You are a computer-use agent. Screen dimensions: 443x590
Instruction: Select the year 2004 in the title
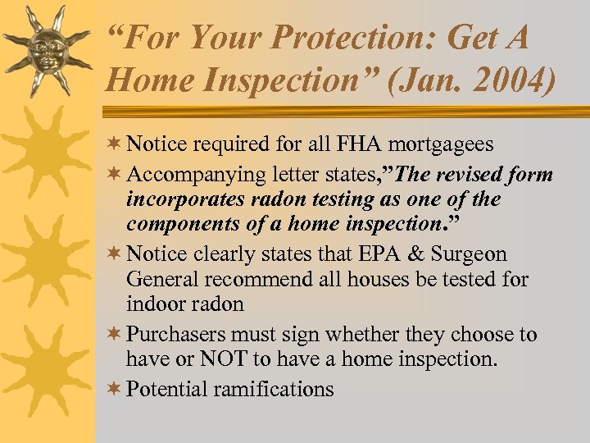click(x=508, y=80)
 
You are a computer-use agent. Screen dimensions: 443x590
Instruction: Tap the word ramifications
click(x=275, y=389)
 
